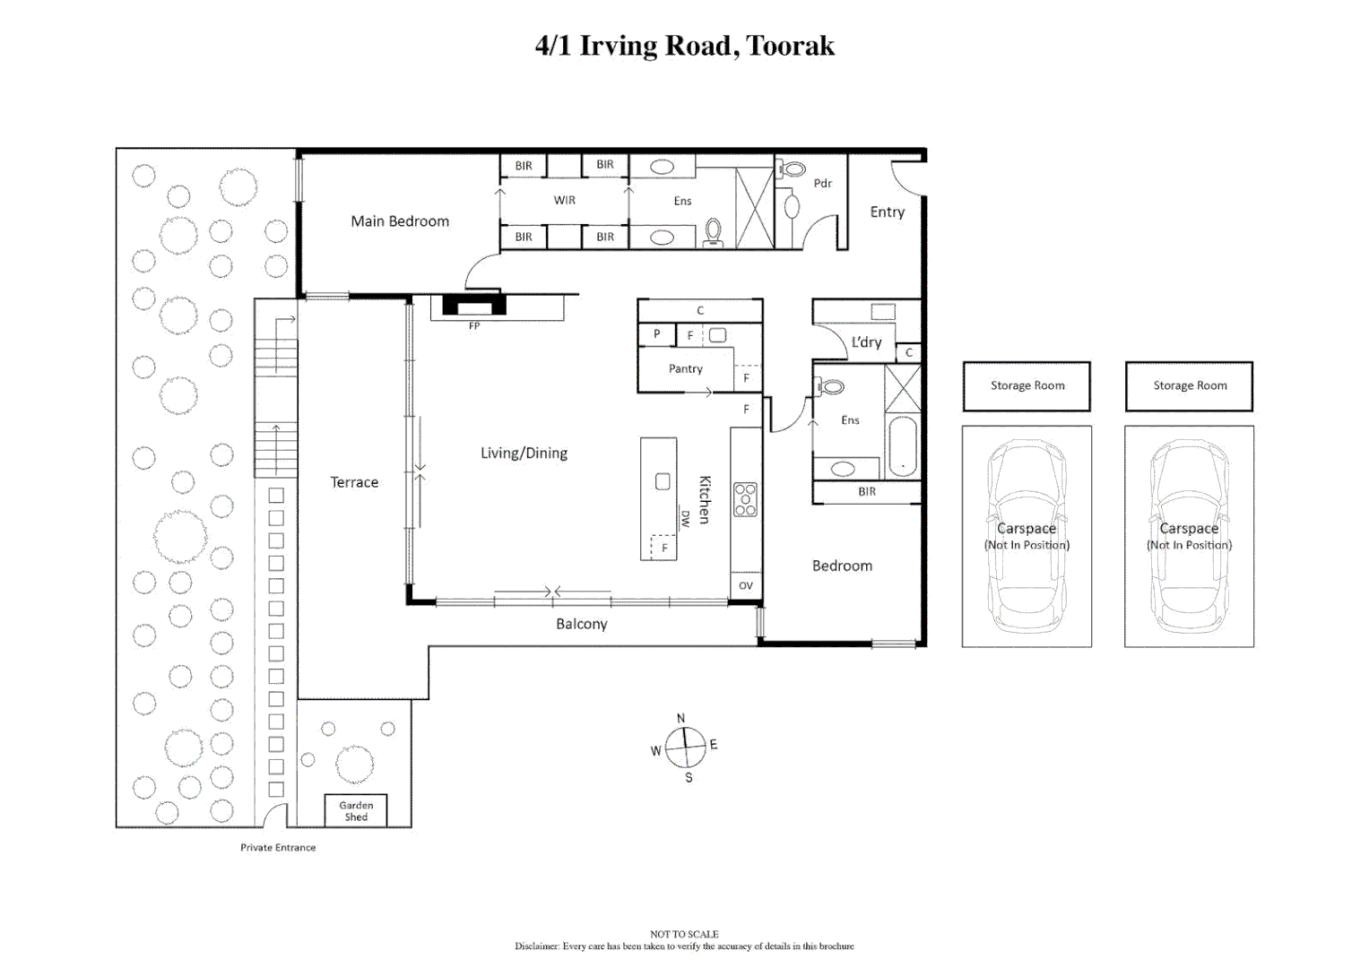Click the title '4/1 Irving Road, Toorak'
(x=684, y=46)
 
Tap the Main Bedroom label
(x=400, y=221)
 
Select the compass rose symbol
(x=686, y=747)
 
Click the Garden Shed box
(x=356, y=810)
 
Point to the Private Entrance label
(x=278, y=847)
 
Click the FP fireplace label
(x=474, y=326)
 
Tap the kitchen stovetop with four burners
(x=745, y=499)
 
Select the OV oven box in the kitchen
(x=746, y=585)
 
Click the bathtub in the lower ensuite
(x=902, y=446)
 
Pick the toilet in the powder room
(x=793, y=169)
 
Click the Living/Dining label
(x=524, y=454)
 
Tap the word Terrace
(x=354, y=482)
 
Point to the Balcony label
(x=582, y=624)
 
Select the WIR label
(x=565, y=200)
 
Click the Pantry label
(x=686, y=368)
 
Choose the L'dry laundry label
(x=866, y=342)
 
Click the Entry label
(x=888, y=212)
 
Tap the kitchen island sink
(x=663, y=481)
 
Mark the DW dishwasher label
(x=685, y=518)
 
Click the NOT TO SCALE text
(x=684, y=934)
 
